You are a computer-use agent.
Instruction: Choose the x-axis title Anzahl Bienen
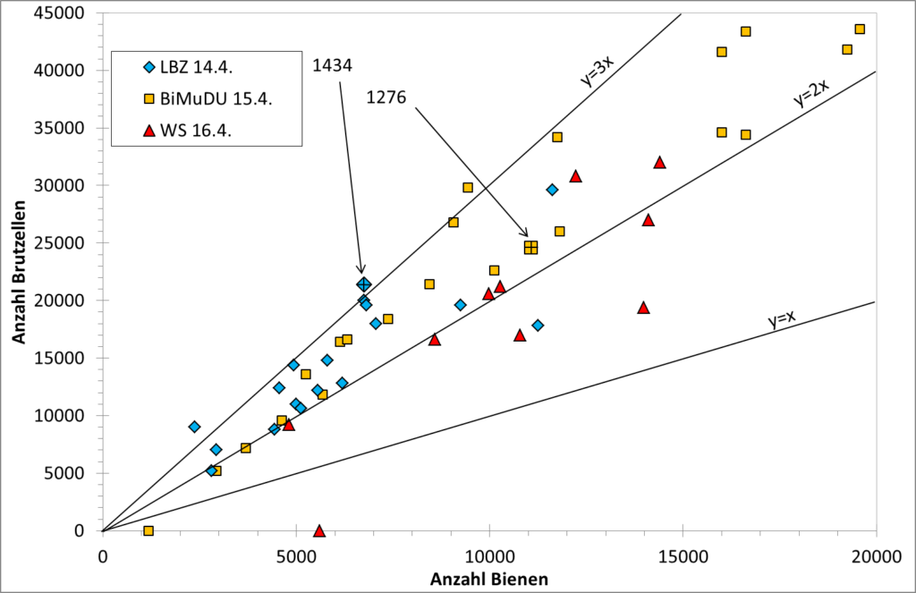489,579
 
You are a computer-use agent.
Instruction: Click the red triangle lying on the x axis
319,530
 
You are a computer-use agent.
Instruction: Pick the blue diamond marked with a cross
363,284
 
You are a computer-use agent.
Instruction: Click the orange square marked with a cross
530,247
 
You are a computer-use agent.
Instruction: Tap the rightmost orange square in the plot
860,30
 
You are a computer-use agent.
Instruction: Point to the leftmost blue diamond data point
194,427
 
